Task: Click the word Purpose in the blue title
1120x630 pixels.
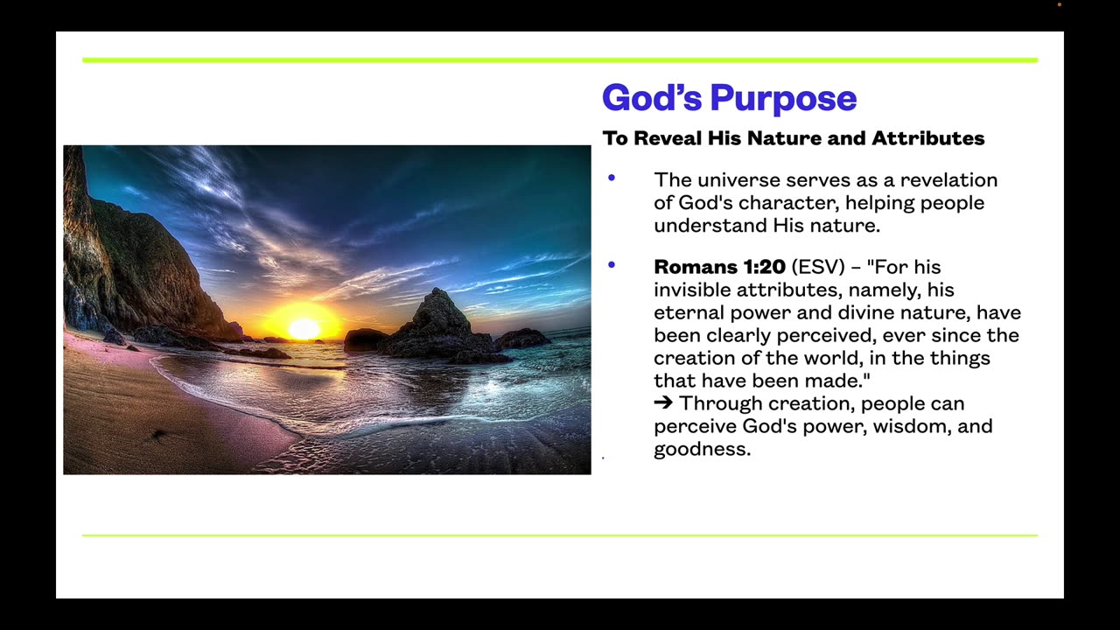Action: click(x=783, y=99)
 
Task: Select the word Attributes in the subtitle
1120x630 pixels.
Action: click(x=927, y=138)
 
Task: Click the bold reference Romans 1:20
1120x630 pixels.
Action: click(x=719, y=267)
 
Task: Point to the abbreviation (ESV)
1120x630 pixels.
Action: click(x=818, y=267)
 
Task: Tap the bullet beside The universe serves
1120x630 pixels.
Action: click(x=612, y=178)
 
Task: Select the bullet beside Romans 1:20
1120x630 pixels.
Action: click(x=612, y=264)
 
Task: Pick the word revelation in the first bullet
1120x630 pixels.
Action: click(x=949, y=180)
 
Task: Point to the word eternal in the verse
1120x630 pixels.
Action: click(x=689, y=312)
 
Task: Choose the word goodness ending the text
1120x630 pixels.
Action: click(x=702, y=450)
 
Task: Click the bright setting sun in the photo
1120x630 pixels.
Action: click(x=304, y=329)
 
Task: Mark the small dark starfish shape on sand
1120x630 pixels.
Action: click(x=159, y=434)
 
